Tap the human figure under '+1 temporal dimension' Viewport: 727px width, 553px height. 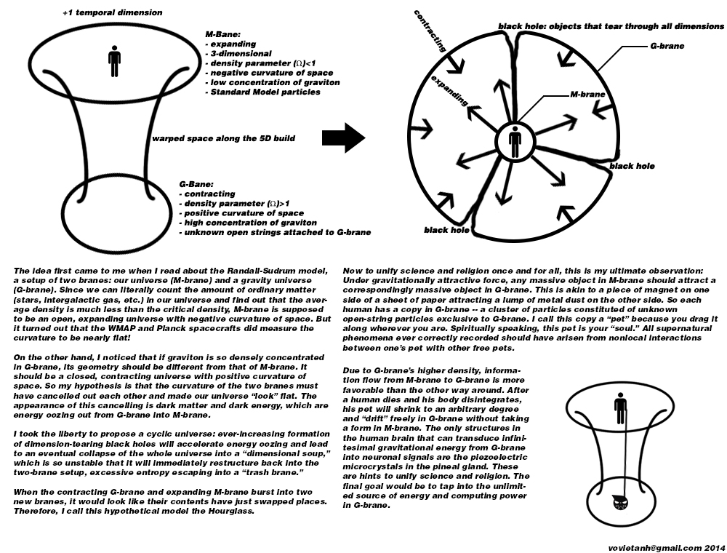coord(113,63)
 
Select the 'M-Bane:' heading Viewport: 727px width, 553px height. coord(225,35)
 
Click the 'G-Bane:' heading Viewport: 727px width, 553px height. coord(196,185)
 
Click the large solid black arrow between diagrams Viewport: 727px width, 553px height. coord(344,136)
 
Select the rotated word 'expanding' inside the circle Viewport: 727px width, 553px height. coord(444,90)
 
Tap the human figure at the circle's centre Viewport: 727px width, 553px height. coord(515,142)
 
